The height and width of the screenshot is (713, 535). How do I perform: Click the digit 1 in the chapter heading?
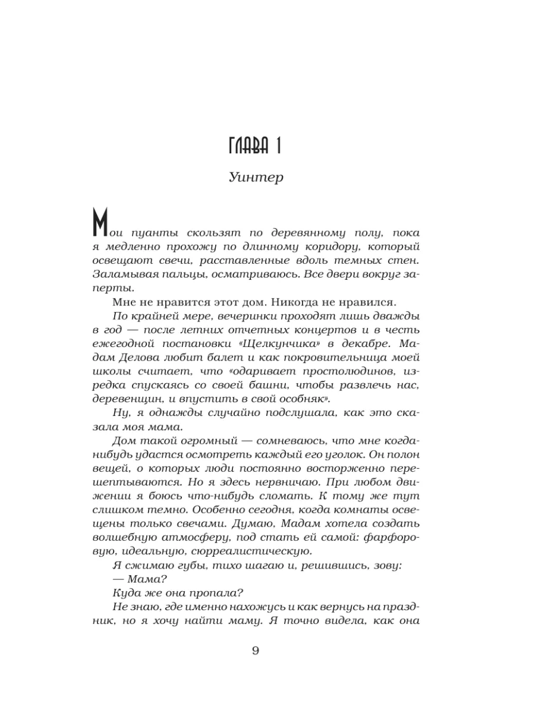[x=277, y=145]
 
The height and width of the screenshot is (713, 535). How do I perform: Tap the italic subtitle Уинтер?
[x=255, y=178]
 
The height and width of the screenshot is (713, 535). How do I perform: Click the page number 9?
[x=256, y=650]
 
